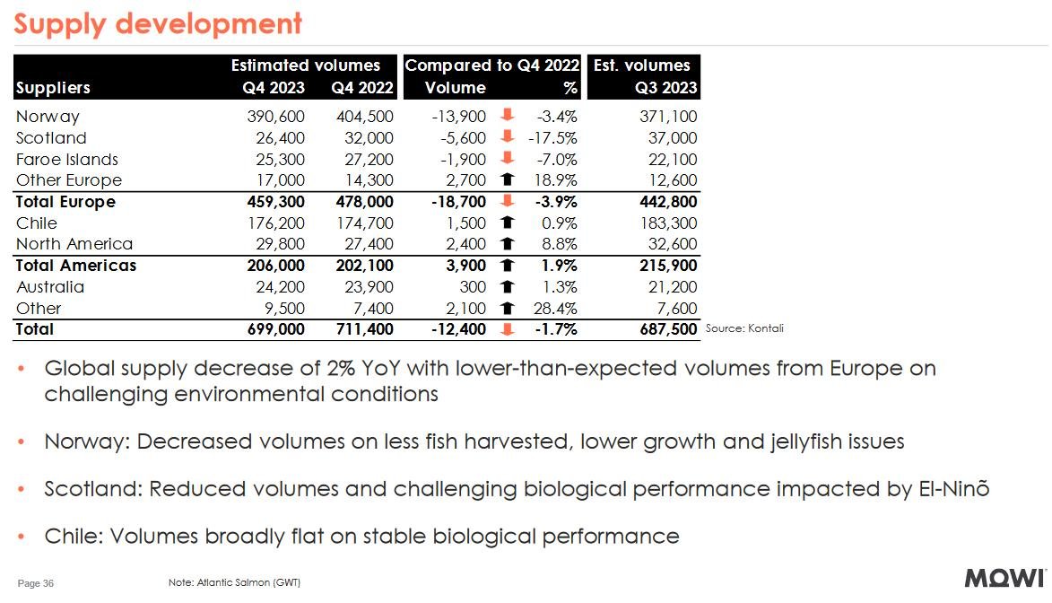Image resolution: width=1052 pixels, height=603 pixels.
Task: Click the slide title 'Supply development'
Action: (158, 23)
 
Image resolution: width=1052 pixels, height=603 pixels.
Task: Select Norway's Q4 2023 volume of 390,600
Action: (275, 117)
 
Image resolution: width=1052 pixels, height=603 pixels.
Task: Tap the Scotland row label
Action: (51, 138)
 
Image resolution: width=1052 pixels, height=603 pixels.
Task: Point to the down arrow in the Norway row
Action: (507, 116)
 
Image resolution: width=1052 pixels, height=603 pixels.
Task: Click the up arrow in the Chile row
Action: (507, 223)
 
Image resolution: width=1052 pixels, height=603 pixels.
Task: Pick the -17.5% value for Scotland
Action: (551, 138)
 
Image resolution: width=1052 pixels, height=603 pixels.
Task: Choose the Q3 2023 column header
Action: (665, 88)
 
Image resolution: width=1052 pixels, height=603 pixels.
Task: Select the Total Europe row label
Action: (65, 202)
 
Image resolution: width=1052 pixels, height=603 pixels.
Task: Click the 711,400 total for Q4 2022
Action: (362, 329)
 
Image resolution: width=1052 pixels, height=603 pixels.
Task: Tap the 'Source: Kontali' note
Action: (744, 328)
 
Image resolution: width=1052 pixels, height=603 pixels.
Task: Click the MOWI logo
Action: (1004, 578)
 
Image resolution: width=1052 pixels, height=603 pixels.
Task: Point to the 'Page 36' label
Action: (36, 583)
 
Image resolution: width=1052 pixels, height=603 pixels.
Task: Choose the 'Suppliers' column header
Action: (53, 88)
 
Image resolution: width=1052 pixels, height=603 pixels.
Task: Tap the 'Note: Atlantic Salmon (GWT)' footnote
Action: (234, 583)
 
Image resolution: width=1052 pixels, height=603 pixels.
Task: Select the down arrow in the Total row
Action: (507, 329)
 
